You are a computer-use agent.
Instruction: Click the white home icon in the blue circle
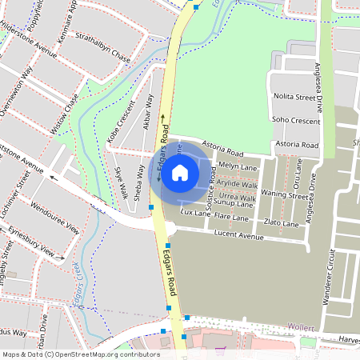pos(181,172)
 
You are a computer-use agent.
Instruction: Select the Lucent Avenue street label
pos(239,235)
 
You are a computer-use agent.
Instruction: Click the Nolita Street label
pos(296,97)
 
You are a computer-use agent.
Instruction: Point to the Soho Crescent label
pos(296,120)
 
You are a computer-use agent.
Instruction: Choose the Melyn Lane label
pos(237,166)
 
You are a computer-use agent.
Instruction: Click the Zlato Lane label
pos(281,223)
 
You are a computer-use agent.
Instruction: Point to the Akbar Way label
pos(147,111)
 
